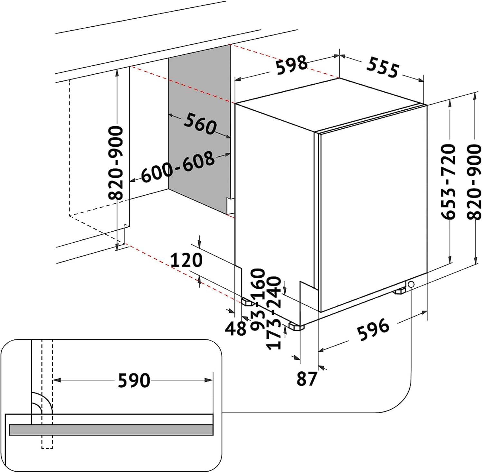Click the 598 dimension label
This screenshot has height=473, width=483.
(292, 65)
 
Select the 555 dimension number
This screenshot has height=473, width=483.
(383, 67)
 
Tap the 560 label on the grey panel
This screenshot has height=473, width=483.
(200, 123)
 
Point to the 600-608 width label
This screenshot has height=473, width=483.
(178, 167)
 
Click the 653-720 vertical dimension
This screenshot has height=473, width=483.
(448, 182)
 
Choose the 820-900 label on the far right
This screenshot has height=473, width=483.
(474, 182)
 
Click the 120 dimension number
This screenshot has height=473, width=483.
(186, 260)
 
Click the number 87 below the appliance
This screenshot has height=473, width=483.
(307, 379)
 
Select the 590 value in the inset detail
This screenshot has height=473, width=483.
(134, 380)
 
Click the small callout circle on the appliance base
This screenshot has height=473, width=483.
(411, 284)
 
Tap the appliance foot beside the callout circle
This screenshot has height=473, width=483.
(400, 291)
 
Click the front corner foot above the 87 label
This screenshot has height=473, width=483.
(296, 327)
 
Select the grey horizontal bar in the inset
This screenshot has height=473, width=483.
(111, 430)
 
